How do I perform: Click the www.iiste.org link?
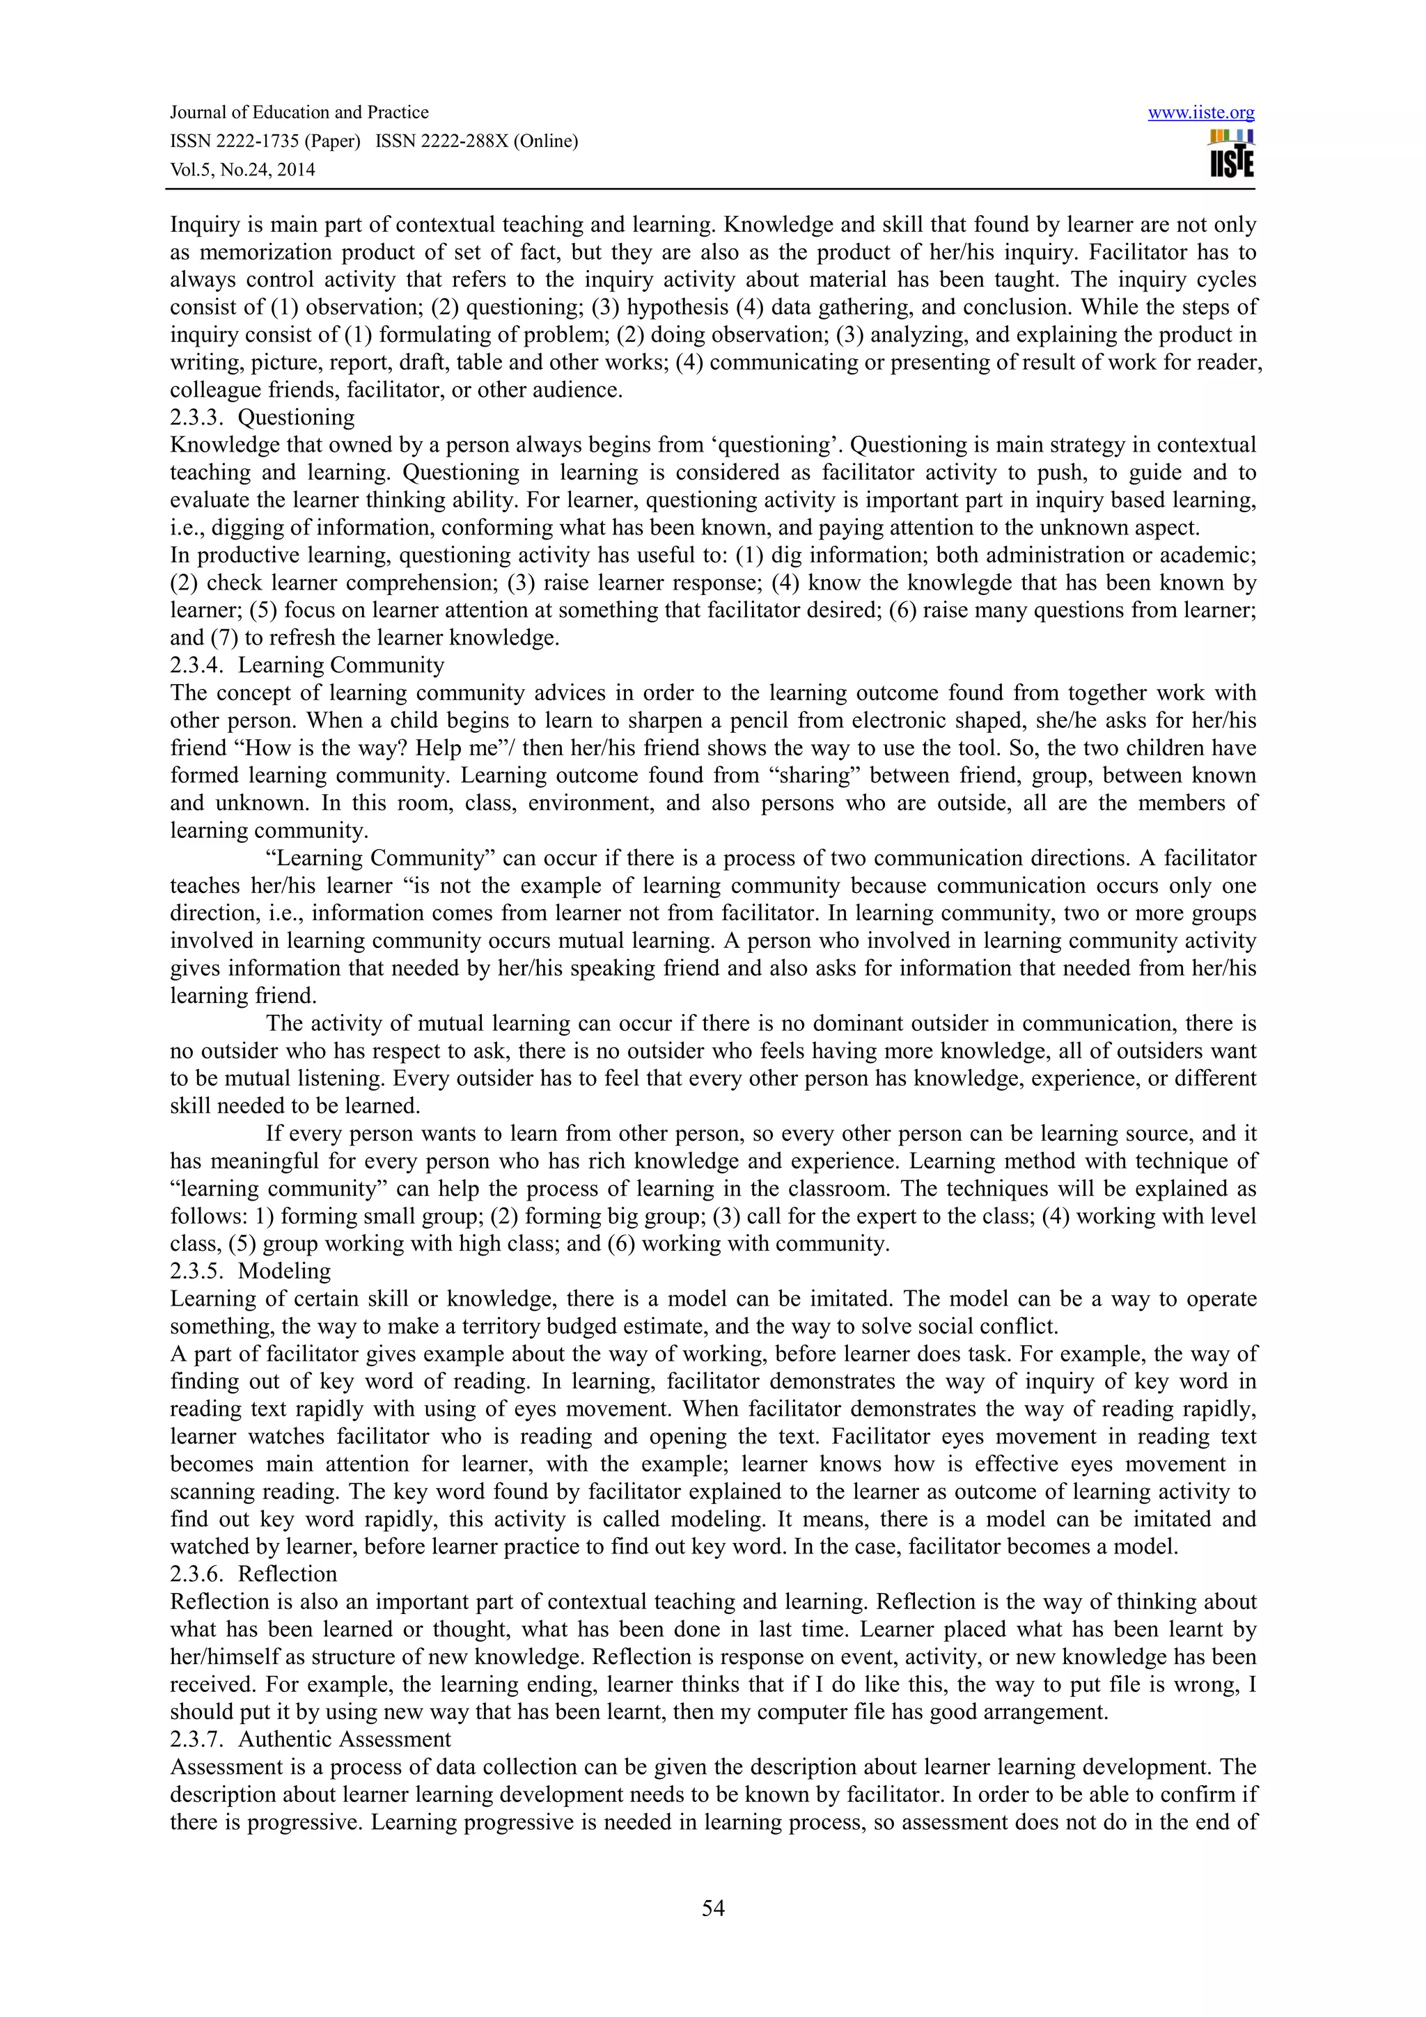click(x=1200, y=113)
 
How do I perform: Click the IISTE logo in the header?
click(x=1231, y=155)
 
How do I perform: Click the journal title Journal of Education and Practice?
click(x=299, y=113)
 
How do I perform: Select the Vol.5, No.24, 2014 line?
click(x=242, y=170)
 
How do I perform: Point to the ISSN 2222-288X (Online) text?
click(x=476, y=141)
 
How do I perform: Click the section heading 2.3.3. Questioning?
click(x=262, y=418)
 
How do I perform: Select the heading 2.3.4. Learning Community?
click(x=306, y=665)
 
